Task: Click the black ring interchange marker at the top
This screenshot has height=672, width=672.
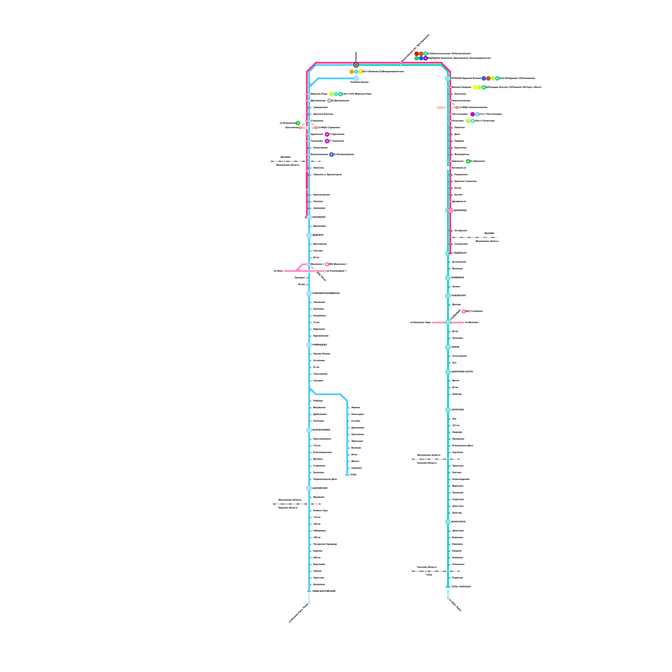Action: point(356,65)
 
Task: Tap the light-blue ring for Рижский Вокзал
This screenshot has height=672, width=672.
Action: point(356,79)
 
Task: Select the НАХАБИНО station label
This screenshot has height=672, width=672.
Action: point(319,217)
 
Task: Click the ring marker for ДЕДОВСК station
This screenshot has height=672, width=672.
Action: point(309,235)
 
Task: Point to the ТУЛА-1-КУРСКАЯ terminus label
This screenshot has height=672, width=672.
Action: point(461,587)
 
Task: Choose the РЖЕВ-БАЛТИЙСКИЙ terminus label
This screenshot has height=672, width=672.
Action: point(324,591)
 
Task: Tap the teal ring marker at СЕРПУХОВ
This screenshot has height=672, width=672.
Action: point(448,410)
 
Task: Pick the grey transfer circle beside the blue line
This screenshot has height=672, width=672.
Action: point(329,101)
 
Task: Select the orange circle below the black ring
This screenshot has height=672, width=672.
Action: point(352,72)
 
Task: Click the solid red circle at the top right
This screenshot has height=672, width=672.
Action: point(417,54)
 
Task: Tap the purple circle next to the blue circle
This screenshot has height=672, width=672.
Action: point(425,58)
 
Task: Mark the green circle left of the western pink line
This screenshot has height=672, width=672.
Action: point(298,123)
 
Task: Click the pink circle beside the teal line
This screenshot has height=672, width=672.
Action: point(464,311)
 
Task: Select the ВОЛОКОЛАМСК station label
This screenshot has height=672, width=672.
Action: point(321,430)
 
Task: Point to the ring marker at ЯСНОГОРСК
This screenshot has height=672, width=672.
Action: point(448,522)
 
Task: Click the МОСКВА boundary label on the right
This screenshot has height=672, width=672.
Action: point(489,234)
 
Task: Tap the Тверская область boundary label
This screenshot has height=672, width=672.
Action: point(288,508)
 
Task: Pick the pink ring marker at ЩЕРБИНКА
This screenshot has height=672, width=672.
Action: point(451,210)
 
